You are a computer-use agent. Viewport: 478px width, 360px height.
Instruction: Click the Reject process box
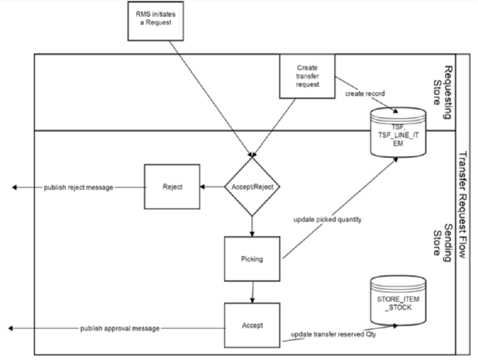point(172,187)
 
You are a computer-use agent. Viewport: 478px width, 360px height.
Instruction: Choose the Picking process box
point(252,260)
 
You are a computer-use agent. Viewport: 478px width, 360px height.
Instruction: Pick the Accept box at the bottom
point(252,327)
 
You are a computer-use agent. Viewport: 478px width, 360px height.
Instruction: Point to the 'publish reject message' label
point(78,187)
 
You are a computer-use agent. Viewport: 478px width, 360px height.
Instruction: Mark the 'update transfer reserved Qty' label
point(332,334)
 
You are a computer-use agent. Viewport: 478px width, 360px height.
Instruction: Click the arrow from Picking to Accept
point(253,292)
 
